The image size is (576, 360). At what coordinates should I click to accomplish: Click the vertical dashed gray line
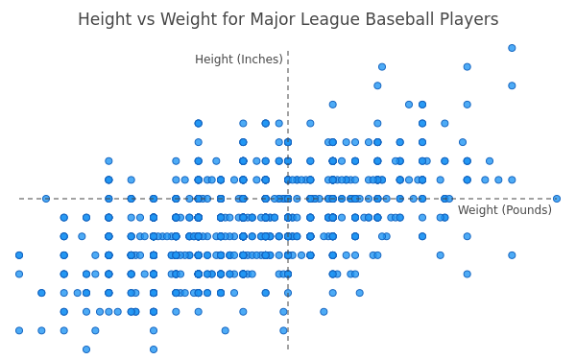(x=288, y=200)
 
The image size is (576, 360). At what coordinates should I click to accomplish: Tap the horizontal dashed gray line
(x=288, y=199)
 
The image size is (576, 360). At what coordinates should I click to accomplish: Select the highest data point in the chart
(x=512, y=48)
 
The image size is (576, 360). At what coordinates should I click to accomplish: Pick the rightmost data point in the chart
(x=557, y=199)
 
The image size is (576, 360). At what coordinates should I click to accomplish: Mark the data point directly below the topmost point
(x=512, y=85)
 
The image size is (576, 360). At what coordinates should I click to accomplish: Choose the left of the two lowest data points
(x=86, y=349)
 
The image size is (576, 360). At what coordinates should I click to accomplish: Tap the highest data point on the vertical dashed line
(x=288, y=142)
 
